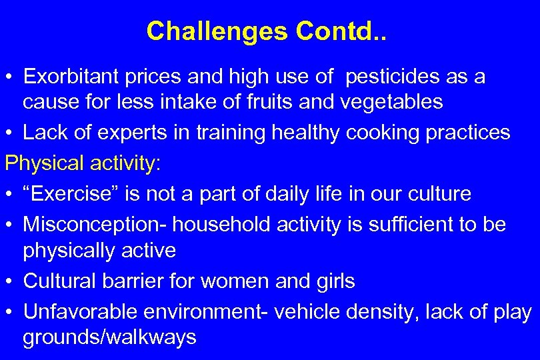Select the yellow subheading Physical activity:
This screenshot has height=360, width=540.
pyautogui.click(x=83, y=163)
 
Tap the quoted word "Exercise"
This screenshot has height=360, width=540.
pyautogui.click(x=68, y=194)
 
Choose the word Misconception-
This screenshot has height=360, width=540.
pyautogui.click(x=95, y=225)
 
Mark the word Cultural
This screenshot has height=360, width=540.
pyautogui.click(x=60, y=281)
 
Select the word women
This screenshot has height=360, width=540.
pyautogui.click(x=235, y=281)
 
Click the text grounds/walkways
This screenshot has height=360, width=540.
pyautogui.click(x=109, y=337)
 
